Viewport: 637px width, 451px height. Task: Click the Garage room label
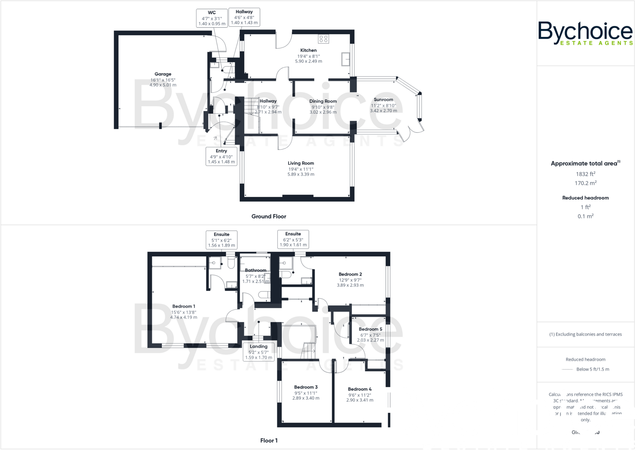(163, 74)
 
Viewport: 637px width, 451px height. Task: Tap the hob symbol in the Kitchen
(323, 39)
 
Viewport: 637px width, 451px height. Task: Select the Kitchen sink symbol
(346, 59)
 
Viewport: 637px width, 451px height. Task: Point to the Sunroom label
(383, 100)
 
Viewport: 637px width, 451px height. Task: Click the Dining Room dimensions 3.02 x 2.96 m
(323, 112)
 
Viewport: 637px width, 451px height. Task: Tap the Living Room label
(301, 163)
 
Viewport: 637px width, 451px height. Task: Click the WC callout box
(212, 18)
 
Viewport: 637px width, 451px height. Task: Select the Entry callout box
(221, 156)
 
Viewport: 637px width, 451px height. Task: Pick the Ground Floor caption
(269, 216)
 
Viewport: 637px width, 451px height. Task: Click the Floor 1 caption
(269, 440)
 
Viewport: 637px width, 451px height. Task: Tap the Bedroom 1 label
(184, 306)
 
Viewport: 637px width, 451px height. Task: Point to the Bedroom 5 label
(370, 329)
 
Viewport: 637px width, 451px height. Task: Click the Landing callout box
(258, 352)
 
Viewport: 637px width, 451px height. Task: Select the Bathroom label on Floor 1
(255, 270)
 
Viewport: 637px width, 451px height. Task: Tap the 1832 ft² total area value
(585, 174)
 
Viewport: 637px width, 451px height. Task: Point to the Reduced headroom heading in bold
(585, 198)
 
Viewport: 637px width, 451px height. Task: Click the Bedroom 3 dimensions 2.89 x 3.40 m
(306, 398)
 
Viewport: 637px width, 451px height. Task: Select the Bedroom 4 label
(360, 389)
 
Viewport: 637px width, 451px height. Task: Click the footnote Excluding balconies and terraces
(585, 334)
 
